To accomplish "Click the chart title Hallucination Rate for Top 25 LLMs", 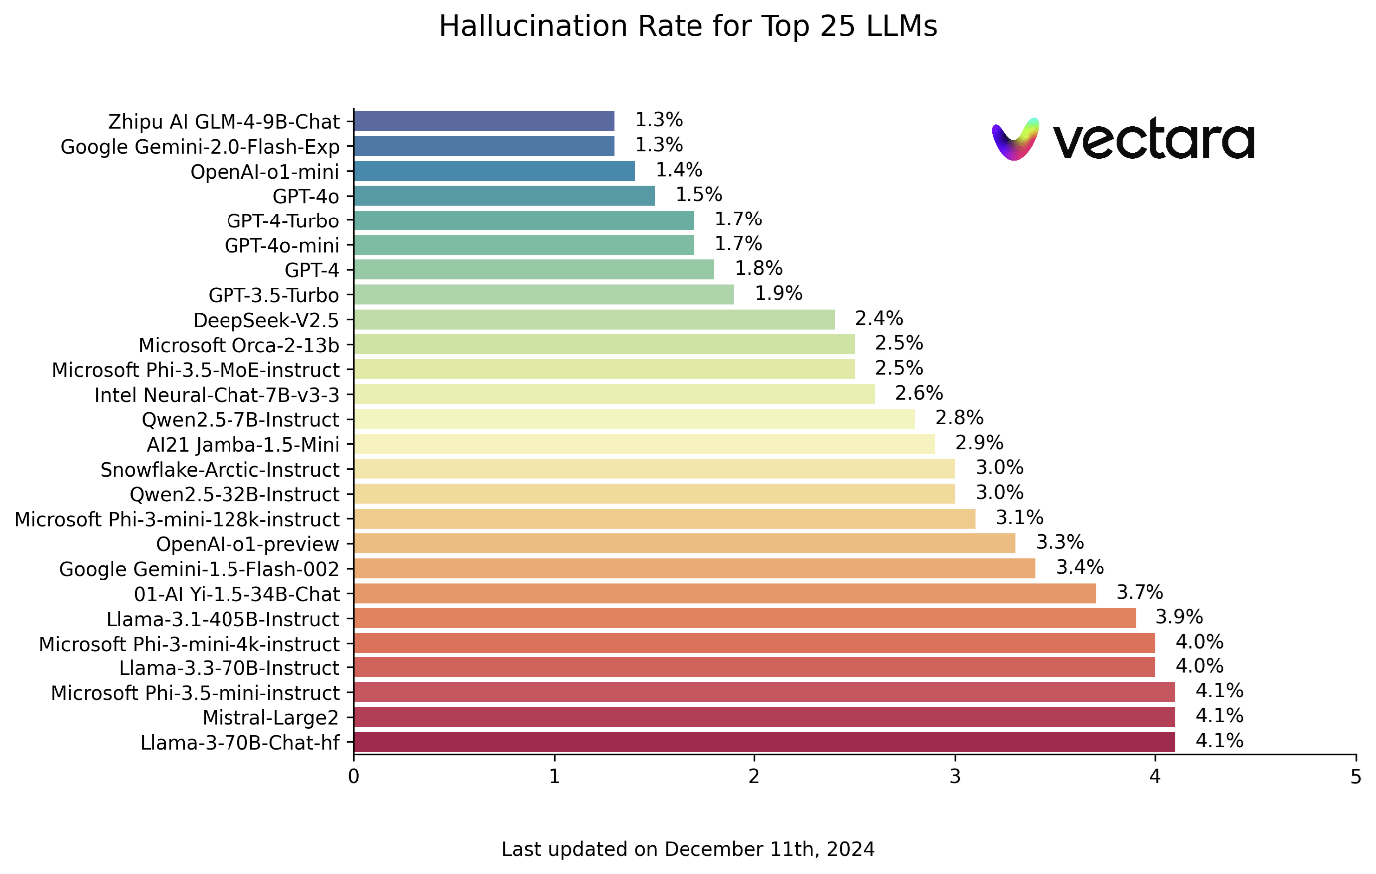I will pyautogui.click(x=688, y=27).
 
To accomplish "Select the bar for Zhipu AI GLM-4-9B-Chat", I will pyautogui.click(x=484, y=121).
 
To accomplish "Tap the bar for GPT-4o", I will pyautogui.click(x=504, y=196).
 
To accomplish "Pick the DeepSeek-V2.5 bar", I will pyautogui.click(x=594, y=319).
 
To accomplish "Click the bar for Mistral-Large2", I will pyautogui.click(x=763, y=717).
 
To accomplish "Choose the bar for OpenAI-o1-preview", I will pyautogui.click(x=684, y=543).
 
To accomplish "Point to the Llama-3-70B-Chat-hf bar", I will pyautogui.click(x=763, y=742).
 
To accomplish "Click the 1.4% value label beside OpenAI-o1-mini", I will pyautogui.click(x=679, y=170).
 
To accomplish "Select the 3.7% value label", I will pyautogui.click(x=1140, y=593).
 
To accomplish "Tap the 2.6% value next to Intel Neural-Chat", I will pyautogui.click(x=919, y=394).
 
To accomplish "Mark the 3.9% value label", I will pyautogui.click(x=1179, y=618).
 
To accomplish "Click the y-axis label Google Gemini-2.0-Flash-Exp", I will pyautogui.click(x=201, y=147).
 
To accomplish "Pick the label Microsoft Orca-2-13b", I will pyautogui.click(x=239, y=345).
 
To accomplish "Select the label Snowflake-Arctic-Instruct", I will pyautogui.click(x=221, y=470).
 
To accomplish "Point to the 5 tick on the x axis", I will pyautogui.click(x=1356, y=777).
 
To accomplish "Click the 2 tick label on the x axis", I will pyautogui.click(x=754, y=777).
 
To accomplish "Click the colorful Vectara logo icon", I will pyautogui.click(x=1015, y=140).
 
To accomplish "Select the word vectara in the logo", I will pyautogui.click(x=1153, y=141).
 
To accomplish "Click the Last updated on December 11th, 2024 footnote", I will pyautogui.click(x=688, y=850).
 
